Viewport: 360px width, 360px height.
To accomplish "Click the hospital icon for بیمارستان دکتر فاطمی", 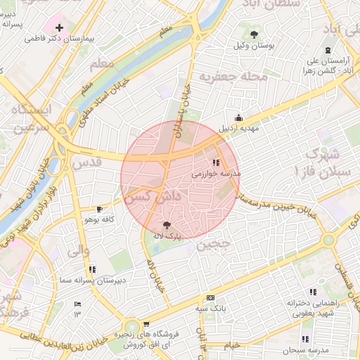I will click(60, 28).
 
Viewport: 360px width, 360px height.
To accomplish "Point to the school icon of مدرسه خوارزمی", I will click(215, 162).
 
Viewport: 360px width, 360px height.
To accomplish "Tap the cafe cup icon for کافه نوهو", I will click(99, 209).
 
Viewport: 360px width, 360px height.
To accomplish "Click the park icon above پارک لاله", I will click(166, 225).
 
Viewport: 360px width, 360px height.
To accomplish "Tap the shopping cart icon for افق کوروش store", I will click(146, 324).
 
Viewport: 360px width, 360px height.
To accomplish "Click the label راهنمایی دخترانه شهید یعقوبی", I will click(313, 307).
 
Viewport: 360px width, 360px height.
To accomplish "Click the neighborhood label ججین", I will click(213, 245).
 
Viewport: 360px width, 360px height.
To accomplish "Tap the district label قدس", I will click(86, 163).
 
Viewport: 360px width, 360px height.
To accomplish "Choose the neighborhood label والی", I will click(77, 250).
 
